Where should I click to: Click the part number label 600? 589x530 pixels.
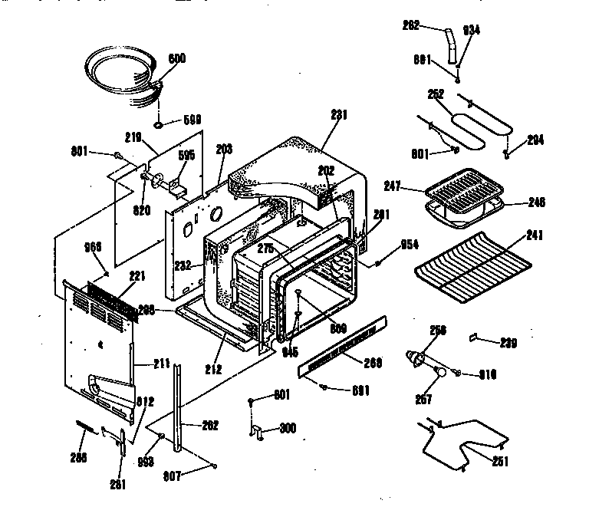(x=176, y=59)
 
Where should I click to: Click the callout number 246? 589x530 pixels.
(x=536, y=202)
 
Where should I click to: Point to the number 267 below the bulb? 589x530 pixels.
(x=423, y=399)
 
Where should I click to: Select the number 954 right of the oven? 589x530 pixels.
(x=410, y=245)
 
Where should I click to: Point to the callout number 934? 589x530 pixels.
(x=471, y=30)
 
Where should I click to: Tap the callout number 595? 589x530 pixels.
(x=186, y=154)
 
